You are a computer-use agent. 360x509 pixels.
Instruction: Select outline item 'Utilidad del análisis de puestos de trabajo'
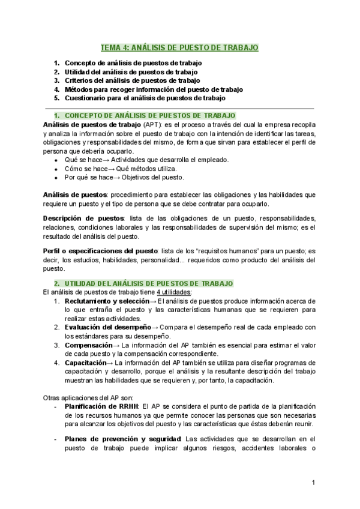(131, 71)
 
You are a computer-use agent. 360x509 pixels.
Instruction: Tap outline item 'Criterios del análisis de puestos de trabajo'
(132, 80)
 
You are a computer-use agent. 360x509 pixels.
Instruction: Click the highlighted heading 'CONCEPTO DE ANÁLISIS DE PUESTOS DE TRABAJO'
(149, 115)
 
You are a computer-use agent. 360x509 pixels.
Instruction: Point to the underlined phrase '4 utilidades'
(173, 292)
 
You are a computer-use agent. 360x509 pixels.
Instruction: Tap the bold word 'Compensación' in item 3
(88, 345)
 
